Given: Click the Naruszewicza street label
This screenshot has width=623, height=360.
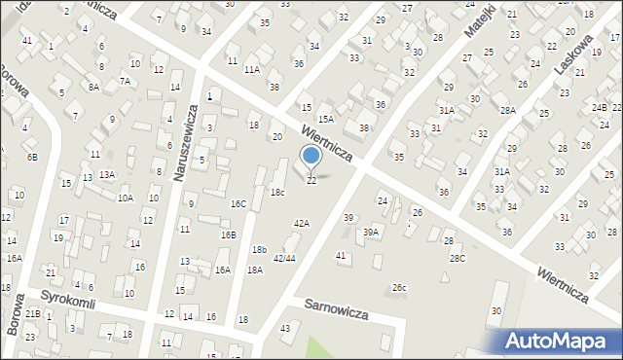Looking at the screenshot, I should coord(181,140).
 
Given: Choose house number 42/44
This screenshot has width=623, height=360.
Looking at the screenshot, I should coord(284,258).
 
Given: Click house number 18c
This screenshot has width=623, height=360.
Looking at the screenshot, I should coord(277,193).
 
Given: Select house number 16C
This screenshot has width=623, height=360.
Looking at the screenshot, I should coord(238,203).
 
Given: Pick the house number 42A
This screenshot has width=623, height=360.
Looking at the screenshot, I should coord(302,223).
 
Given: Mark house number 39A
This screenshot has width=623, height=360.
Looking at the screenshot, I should coord(371,232).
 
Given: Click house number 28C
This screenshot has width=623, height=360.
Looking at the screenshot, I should coord(457,258).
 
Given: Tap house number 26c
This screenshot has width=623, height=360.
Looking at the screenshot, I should coord(399,287).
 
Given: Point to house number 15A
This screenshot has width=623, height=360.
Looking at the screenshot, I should coord(326,119).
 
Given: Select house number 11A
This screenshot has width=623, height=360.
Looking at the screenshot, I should coord(252,70).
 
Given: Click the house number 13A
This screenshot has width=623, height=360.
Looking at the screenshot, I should coord(106,174).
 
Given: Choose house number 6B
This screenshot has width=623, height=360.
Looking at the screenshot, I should coord(32,157).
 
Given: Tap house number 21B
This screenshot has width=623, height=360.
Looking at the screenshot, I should coord(32,313).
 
